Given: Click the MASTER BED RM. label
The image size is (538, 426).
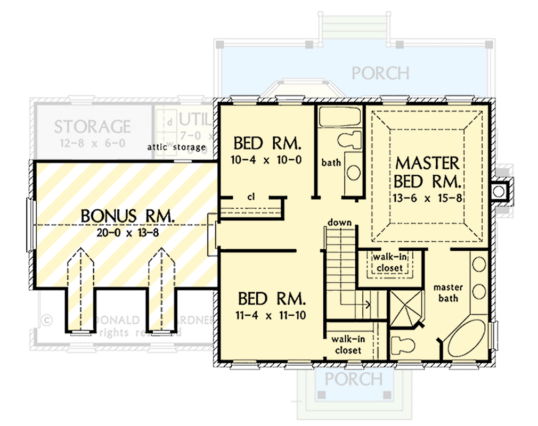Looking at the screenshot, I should pos(427,171).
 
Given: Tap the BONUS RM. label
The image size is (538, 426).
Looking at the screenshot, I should pos(128,216).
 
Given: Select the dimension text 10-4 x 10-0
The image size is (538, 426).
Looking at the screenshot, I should pos(268,160).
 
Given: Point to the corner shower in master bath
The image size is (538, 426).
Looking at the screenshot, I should pos(406,309).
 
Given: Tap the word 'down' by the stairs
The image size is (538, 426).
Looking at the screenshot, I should pos(339,222).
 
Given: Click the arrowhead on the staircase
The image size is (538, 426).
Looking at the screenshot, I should pos(368,305).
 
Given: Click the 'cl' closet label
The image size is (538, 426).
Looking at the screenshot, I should pos(250,196).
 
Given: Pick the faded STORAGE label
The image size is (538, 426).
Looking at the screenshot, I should pos(92,126).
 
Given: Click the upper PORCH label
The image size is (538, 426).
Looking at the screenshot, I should pos(380,72).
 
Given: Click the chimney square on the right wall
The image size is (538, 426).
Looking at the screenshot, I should pos(500,190).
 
